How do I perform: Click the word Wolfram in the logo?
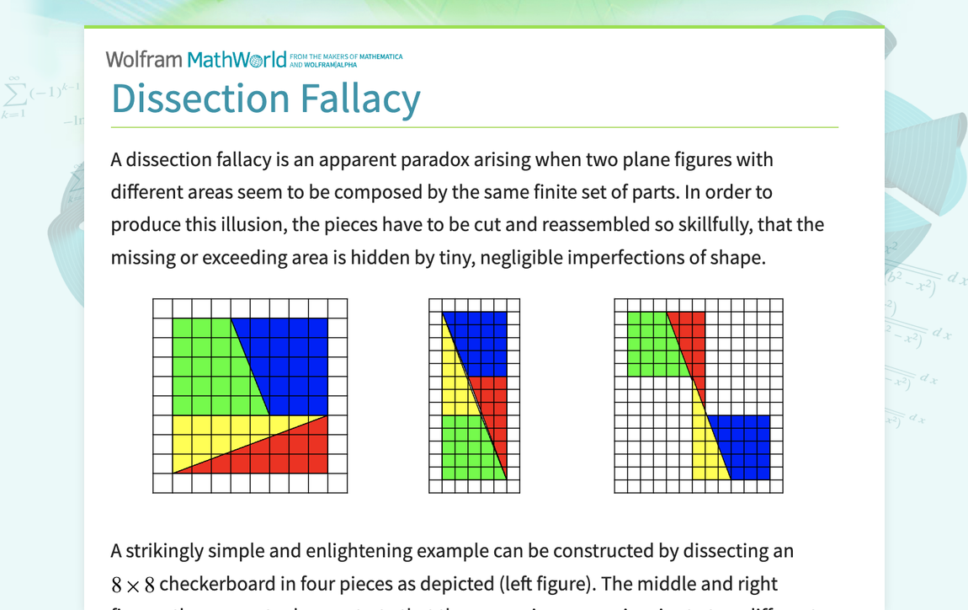(x=144, y=59)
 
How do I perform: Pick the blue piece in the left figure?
(x=290, y=354)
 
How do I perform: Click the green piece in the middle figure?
(x=463, y=451)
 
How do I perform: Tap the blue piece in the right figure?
(x=745, y=447)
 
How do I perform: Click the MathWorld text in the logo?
(x=237, y=59)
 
